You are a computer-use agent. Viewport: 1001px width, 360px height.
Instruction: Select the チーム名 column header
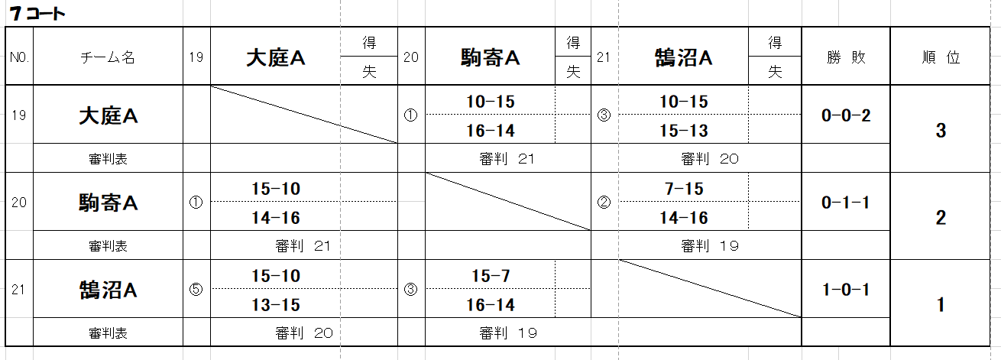click(x=108, y=57)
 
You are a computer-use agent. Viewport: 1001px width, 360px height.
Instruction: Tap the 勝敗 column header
click(x=846, y=57)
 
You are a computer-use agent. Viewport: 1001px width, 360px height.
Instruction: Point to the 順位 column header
click(x=941, y=57)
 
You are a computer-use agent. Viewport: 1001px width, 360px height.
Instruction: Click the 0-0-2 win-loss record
click(x=846, y=115)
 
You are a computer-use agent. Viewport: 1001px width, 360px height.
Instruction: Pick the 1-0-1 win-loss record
click(x=846, y=290)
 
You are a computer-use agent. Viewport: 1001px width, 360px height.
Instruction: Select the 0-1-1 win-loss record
click(x=846, y=203)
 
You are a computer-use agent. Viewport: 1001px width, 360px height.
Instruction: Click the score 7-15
click(x=684, y=189)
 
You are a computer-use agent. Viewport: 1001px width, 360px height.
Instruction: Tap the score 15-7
click(x=491, y=276)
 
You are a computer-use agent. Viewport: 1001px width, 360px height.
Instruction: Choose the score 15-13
click(x=684, y=131)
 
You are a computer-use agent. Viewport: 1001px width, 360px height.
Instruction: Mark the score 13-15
click(x=276, y=305)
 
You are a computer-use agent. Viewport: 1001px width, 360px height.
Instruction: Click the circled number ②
click(x=604, y=203)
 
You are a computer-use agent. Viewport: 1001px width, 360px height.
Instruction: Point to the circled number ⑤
click(x=196, y=290)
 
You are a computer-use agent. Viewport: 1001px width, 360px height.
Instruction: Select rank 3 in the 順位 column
click(x=941, y=131)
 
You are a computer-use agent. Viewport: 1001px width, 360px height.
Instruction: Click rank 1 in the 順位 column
click(x=941, y=305)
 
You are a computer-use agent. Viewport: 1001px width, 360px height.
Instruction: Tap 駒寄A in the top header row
click(x=491, y=57)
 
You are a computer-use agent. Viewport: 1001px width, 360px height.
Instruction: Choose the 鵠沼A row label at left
click(x=108, y=290)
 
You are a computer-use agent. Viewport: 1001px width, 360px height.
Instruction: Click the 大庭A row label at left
click(x=108, y=116)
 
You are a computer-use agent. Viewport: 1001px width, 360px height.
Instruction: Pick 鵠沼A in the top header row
click(x=684, y=57)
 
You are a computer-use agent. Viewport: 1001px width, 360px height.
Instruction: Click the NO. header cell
click(x=19, y=57)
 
